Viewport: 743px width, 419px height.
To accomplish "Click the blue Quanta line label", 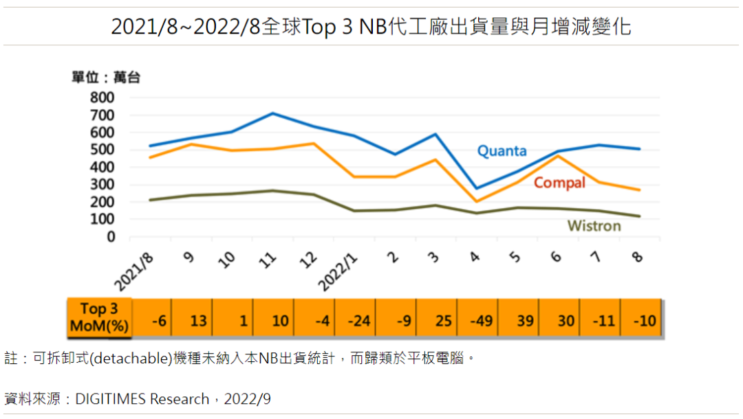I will click(x=502, y=151).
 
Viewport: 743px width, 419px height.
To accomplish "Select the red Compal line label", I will click(x=559, y=183).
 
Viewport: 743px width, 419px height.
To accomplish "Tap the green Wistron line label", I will click(x=594, y=225).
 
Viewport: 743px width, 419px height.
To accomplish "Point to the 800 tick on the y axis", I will click(x=102, y=98).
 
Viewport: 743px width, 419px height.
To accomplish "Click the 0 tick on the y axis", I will click(x=111, y=237).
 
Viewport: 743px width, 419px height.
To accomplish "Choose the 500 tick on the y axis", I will click(x=102, y=150).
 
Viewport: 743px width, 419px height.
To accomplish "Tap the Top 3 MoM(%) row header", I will click(x=99, y=318).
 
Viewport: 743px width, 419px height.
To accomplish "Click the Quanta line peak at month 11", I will click(x=273, y=113).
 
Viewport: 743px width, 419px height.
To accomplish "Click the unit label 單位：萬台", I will click(x=106, y=78).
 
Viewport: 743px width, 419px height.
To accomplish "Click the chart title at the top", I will click(x=371, y=26).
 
